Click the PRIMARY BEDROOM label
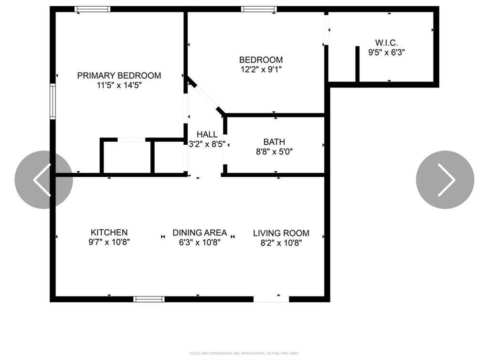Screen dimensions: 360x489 119,75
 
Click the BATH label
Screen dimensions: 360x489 274,142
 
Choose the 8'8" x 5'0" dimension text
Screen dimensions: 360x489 274,152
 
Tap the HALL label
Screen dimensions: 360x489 207,135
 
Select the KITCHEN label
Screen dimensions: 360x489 109,233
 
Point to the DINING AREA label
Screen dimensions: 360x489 200,233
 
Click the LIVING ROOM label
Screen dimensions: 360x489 281,233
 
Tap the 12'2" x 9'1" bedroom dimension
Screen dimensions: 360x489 261,70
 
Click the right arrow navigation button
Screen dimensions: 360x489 445,180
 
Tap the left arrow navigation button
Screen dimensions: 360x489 43,180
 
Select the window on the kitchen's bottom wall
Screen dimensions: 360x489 149,299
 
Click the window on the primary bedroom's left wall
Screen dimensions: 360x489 53,101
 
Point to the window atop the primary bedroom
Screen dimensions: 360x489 93,9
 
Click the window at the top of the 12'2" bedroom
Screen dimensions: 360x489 259,9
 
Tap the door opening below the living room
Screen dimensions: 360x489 271,299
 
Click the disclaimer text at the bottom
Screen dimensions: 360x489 244,353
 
